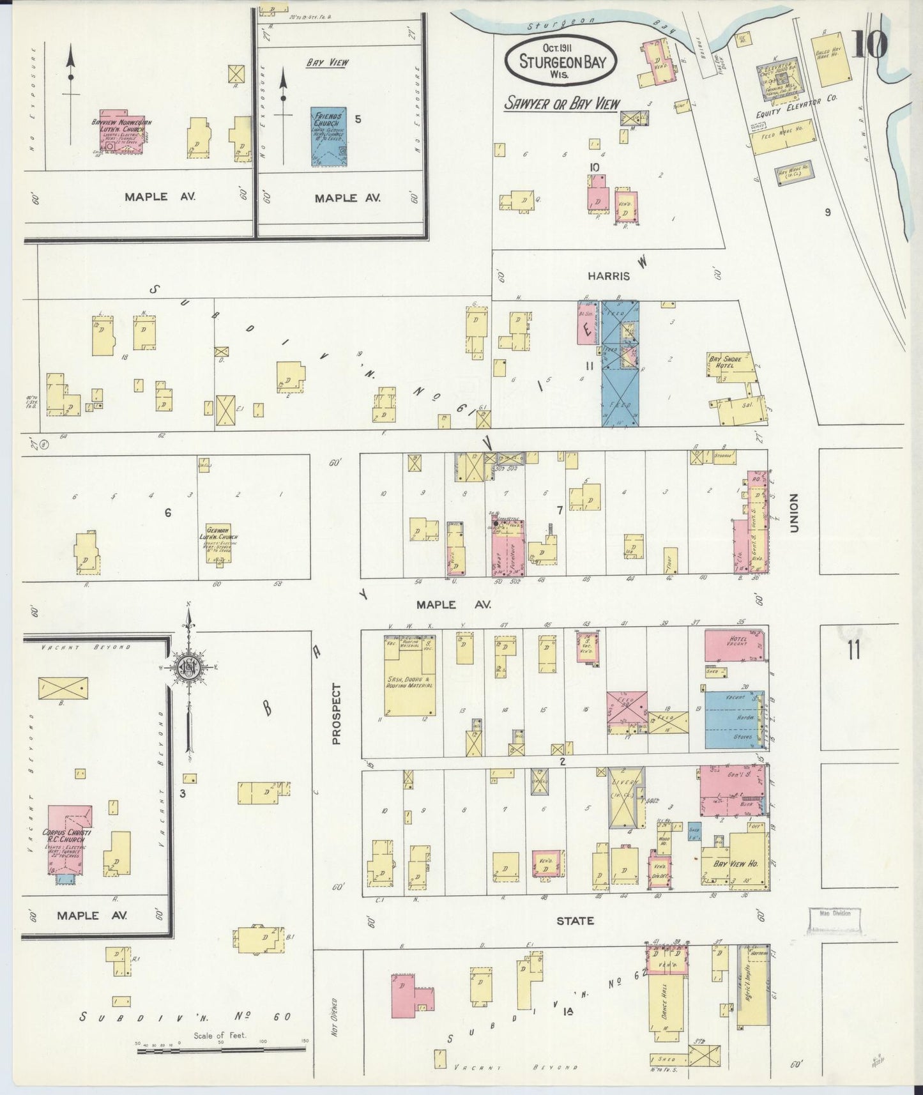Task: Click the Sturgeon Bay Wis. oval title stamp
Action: [x=560, y=61]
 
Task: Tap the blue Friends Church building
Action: [x=329, y=137]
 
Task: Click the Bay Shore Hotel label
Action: [x=724, y=362]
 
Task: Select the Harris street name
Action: [x=609, y=276]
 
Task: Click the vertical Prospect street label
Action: [x=337, y=714]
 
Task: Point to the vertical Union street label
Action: [x=795, y=513]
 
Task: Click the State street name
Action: [x=575, y=921]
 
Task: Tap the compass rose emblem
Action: [x=189, y=667]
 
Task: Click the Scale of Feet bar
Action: [x=220, y=1048]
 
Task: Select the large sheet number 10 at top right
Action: [x=869, y=45]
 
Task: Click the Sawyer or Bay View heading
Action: [x=561, y=103]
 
